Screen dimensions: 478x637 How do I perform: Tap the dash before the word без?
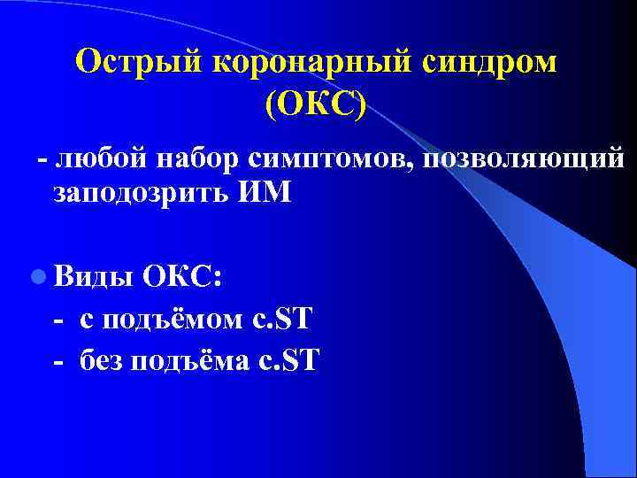click(59, 361)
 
